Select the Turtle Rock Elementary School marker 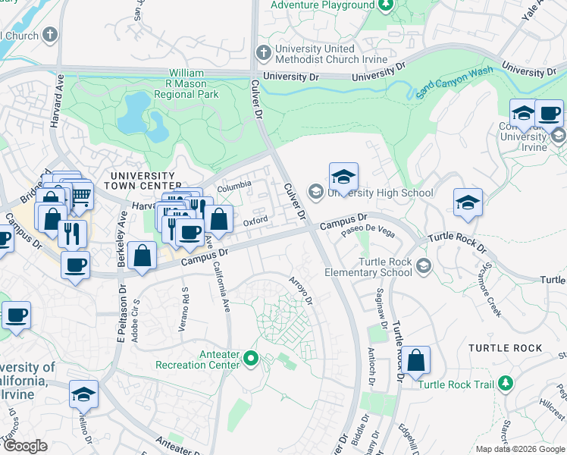coord(423,265)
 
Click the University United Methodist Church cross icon coord(263,53)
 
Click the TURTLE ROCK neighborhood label coord(506,348)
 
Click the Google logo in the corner coord(25,446)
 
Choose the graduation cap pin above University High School coord(343,177)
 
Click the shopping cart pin coord(79,196)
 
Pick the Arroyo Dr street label coord(301,290)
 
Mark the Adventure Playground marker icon coord(385,6)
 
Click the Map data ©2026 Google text coord(519,449)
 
